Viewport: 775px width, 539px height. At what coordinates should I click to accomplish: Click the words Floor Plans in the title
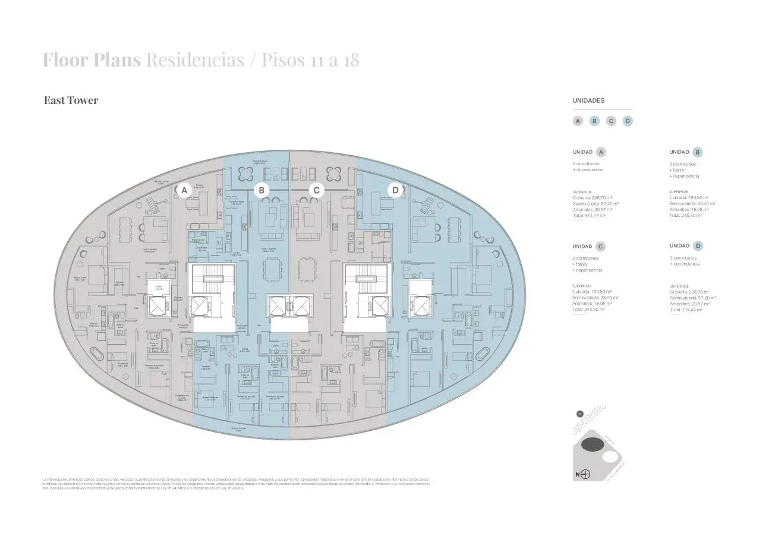click(91, 60)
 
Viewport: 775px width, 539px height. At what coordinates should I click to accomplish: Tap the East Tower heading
click(71, 100)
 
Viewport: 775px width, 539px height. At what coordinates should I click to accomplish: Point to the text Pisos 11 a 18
click(310, 60)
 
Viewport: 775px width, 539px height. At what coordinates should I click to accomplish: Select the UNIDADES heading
click(588, 101)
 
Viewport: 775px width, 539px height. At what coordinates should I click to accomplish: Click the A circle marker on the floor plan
click(184, 191)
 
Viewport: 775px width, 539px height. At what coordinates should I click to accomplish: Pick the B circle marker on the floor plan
click(261, 190)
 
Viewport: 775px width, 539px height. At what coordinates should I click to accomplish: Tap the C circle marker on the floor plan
click(317, 190)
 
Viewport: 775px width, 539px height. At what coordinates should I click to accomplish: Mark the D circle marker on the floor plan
click(395, 190)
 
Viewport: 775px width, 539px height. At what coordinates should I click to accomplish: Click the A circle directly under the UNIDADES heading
click(578, 121)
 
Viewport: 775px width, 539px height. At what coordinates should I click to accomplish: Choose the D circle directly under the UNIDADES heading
click(628, 121)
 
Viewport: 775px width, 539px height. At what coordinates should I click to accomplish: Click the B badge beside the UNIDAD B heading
click(697, 152)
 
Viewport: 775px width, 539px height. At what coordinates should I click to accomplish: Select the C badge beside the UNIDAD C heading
click(600, 247)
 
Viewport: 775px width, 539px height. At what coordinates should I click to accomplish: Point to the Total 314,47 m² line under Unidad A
click(588, 215)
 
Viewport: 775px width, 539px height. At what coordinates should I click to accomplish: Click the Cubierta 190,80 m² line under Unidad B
click(690, 198)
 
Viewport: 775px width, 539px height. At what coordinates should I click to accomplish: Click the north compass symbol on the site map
click(585, 474)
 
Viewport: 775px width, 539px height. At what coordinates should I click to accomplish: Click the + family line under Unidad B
click(678, 170)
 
